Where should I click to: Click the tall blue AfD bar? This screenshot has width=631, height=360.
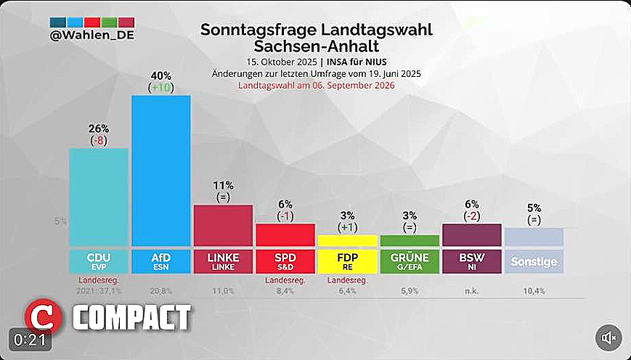click(160, 171)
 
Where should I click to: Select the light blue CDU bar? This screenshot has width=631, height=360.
click(98, 197)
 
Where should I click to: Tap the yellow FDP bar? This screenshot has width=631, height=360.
click(347, 240)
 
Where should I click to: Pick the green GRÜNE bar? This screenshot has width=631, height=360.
click(410, 240)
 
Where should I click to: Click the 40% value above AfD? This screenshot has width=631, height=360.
click(160, 75)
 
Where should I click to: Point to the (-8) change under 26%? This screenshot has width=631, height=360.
click(98, 140)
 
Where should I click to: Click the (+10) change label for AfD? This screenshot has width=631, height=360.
click(160, 88)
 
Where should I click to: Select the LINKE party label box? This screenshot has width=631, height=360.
click(223, 261)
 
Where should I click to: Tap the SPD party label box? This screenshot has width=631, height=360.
click(285, 261)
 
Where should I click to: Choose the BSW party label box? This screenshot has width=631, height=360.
click(471, 261)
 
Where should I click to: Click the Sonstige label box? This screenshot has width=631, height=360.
click(534, 261)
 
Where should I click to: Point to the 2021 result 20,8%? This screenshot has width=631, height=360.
click(160, 291)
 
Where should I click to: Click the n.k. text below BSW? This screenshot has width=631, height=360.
click(471, 291)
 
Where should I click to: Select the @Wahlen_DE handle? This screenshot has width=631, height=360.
click(91, 34)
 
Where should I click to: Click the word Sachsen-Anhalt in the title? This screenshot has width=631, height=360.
click(316, 46)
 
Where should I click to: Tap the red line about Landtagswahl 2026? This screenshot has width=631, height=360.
click(316, 85)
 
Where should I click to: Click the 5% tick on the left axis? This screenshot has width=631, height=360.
click(60, 221)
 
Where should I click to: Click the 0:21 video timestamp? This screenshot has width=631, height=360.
click(29, 339)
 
